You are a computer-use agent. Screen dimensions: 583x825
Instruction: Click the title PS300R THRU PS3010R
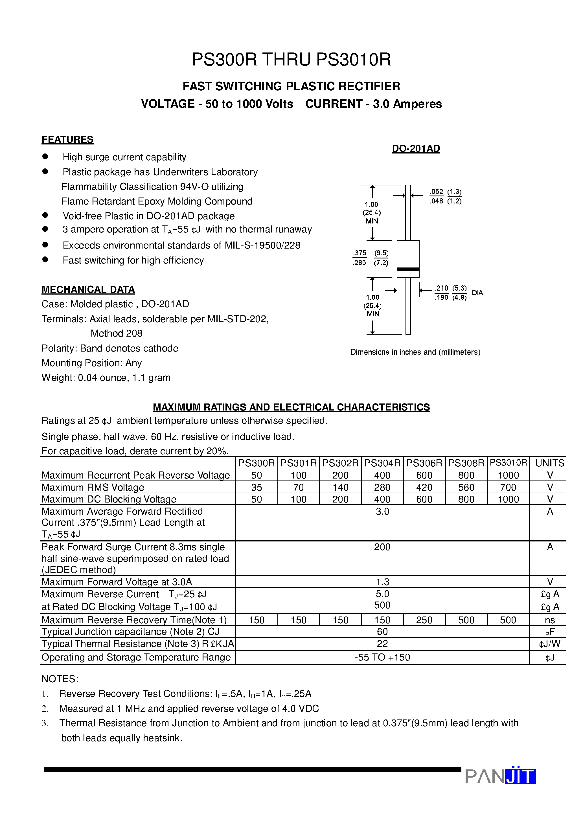click(291, 60)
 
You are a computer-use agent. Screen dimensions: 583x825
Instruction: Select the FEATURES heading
click(67, 139)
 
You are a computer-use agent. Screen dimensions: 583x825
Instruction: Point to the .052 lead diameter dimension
click(436, 192)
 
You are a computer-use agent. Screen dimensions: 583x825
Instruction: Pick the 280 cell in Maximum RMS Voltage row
click(382, 487)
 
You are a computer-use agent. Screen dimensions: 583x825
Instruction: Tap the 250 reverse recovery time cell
click(424, 620)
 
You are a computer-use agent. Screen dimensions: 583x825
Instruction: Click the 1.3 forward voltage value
click(382, 582)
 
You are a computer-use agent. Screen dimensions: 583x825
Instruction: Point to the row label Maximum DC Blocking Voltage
click(109, 499)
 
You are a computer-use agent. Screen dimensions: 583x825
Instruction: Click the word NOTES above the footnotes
click(60, 679)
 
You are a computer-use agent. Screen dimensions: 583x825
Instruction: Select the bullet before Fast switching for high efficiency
click(45, 259)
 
